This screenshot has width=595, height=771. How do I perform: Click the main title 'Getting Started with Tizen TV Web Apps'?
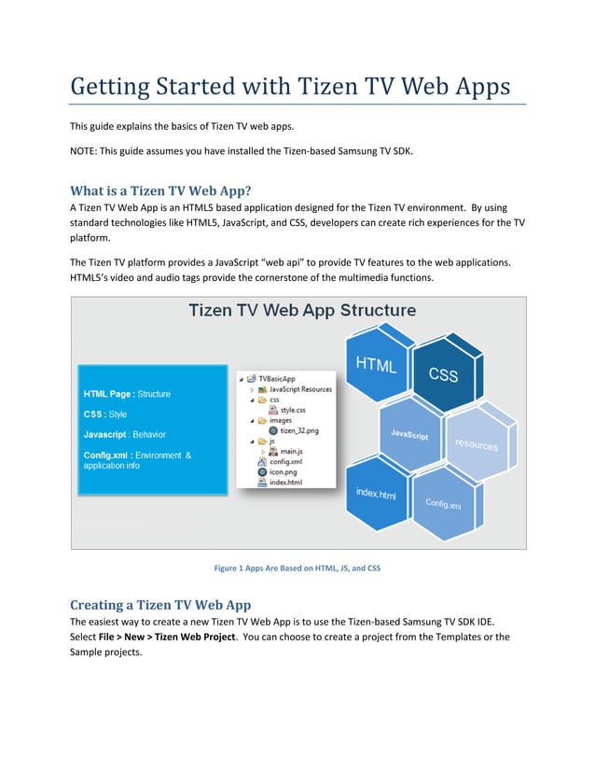(x=290, y=87)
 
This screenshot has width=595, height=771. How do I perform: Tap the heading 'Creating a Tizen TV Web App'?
(x=160, y=605)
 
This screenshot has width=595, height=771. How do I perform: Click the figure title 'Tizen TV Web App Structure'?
(x=302, y=311)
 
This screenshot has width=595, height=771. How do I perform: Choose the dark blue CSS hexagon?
(x=444, y=374)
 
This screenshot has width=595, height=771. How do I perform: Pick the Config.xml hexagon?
(x=444, y=503)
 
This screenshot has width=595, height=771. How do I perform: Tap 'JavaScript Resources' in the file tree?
(x=294, y=389)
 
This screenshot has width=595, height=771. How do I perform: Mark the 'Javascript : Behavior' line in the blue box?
(x=127, y=434)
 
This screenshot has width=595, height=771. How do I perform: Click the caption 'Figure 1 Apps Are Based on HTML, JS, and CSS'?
(x=297, y=568)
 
